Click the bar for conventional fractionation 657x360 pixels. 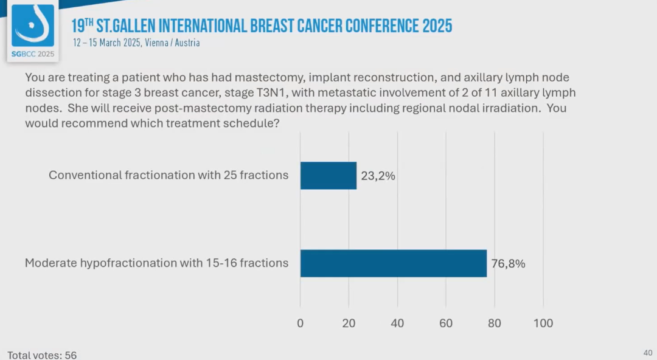[x=328, y=176]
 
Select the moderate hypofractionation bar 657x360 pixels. [x=394, y=263]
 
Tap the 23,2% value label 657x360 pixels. [x=378, y=176]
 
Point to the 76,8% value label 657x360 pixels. [x=508, y=264]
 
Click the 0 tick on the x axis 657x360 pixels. [x=301, y=324]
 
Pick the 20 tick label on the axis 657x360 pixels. [x=349, y=324]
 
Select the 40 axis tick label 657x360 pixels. [x=397, y=324]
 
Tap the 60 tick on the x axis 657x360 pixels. [x=446, y=324]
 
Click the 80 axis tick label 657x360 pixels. [x=495, y=324]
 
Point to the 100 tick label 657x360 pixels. [x=543, y=324]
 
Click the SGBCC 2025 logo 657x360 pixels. [x=33, y=30]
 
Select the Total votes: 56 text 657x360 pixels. [x=42, y=355]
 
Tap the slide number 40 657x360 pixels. [x=647, y=353]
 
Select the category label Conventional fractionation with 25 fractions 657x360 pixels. [x=169, y=175]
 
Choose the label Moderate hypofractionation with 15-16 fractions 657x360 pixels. [x=156, y=263]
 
